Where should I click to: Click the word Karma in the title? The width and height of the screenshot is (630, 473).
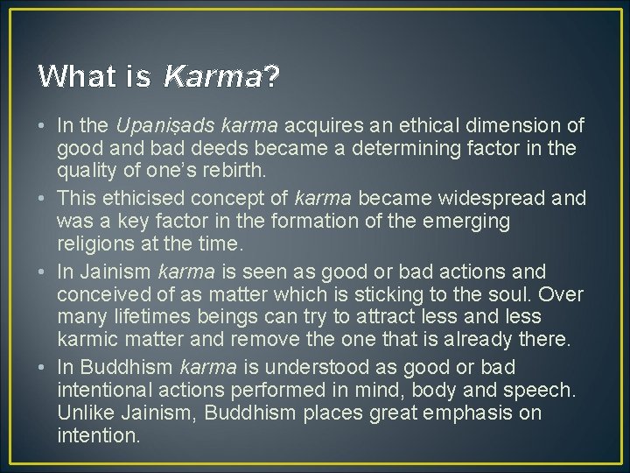click(x=213, y=77)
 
